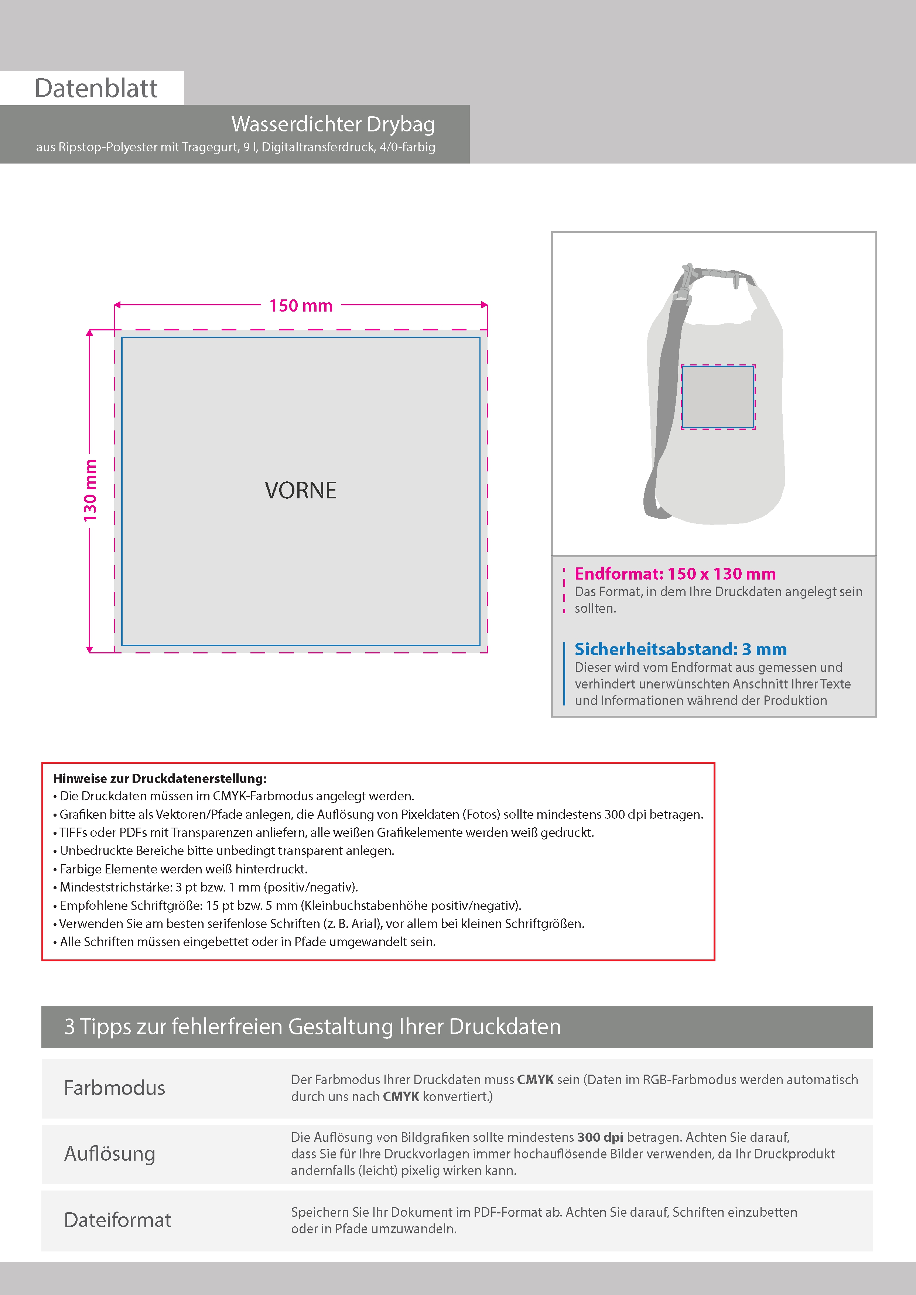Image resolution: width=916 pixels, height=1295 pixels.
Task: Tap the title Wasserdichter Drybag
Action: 333,124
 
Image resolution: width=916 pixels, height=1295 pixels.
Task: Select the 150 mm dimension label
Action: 301,306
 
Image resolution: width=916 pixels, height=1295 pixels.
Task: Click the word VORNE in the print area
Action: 300,490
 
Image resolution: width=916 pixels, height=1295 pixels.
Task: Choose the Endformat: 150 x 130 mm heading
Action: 675,574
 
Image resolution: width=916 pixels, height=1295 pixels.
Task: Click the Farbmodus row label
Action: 115,1088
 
